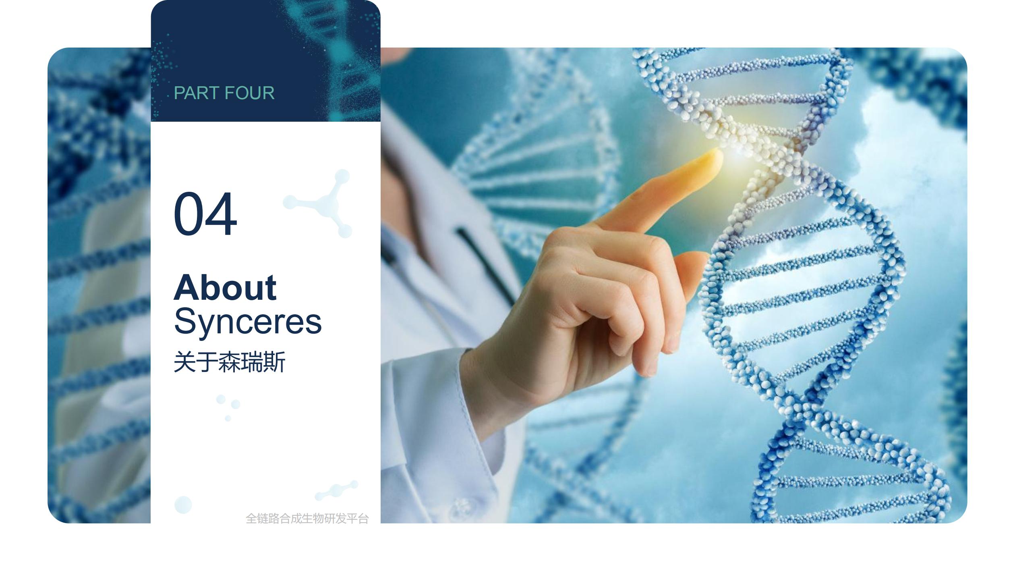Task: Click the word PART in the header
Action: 196,93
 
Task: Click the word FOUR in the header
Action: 250,93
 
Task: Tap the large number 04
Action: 205,214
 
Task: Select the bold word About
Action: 225,287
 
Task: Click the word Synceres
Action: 248,321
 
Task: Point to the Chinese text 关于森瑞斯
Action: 230,361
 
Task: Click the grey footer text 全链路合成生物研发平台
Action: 307,518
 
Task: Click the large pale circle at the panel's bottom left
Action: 183,505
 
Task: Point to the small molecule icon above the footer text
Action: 336,490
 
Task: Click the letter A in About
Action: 186,287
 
